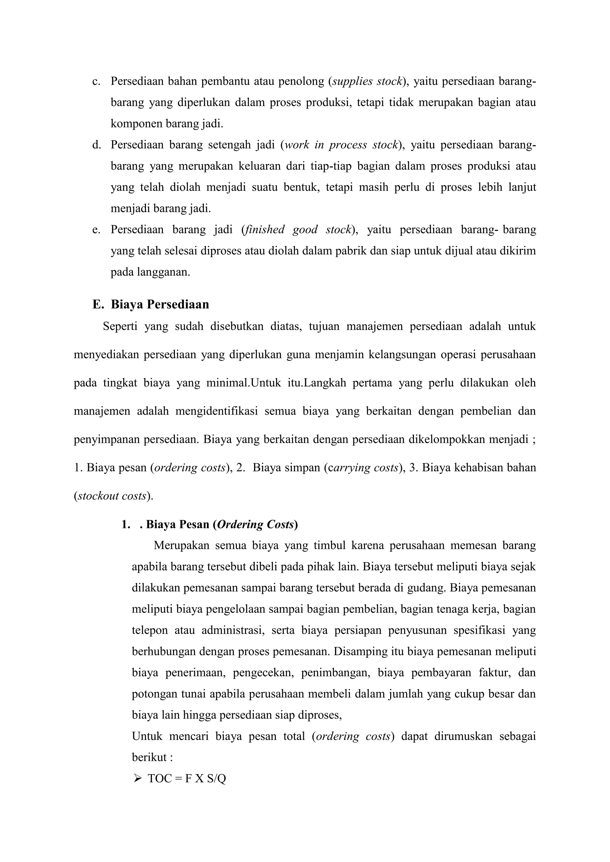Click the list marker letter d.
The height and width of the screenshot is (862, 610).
click(x=96, y=145)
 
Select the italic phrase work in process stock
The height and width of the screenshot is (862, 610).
click(x=341, y=145)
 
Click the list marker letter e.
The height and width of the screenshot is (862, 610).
click(x=96, y=229)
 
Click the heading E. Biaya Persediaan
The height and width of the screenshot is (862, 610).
click(x=151, y=304)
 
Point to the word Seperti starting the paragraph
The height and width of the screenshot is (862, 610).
click(x=120, y=326)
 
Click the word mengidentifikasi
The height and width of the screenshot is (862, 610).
click(x=216, y=411)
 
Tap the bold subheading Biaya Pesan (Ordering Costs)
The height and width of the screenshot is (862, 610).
click(x=222, y=524)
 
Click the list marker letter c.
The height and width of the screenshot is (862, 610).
click(x=96, y=82)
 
